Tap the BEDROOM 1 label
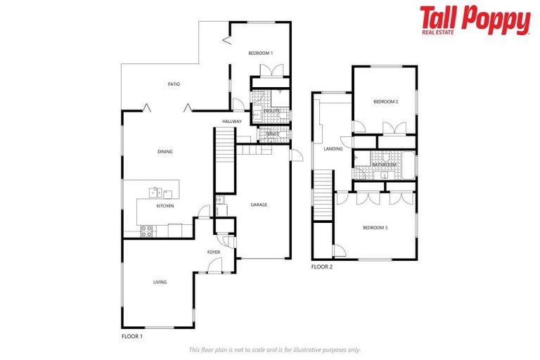260,53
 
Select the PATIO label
174,84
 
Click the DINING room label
165,151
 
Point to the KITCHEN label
165,206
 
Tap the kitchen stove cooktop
148,230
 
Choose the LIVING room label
160,282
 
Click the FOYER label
214,252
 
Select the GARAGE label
259,205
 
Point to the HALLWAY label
231,122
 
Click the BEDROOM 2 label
386,102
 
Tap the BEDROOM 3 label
375,227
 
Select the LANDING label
333,149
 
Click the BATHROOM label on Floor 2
384,165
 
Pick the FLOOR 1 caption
132,337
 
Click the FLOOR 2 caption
322,267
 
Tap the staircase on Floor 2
323,194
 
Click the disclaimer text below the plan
274,349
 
